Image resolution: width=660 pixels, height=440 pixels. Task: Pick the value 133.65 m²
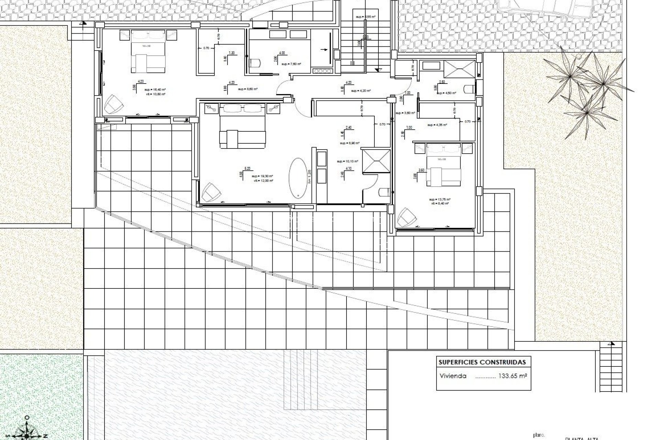[513, 376]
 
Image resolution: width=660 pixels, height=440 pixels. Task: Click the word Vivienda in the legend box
[453, 376]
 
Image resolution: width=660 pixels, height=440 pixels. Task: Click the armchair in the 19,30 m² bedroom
[211, 192]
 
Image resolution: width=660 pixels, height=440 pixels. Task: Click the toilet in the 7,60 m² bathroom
[255, 63]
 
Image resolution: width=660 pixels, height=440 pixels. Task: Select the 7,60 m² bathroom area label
[291, 64]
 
